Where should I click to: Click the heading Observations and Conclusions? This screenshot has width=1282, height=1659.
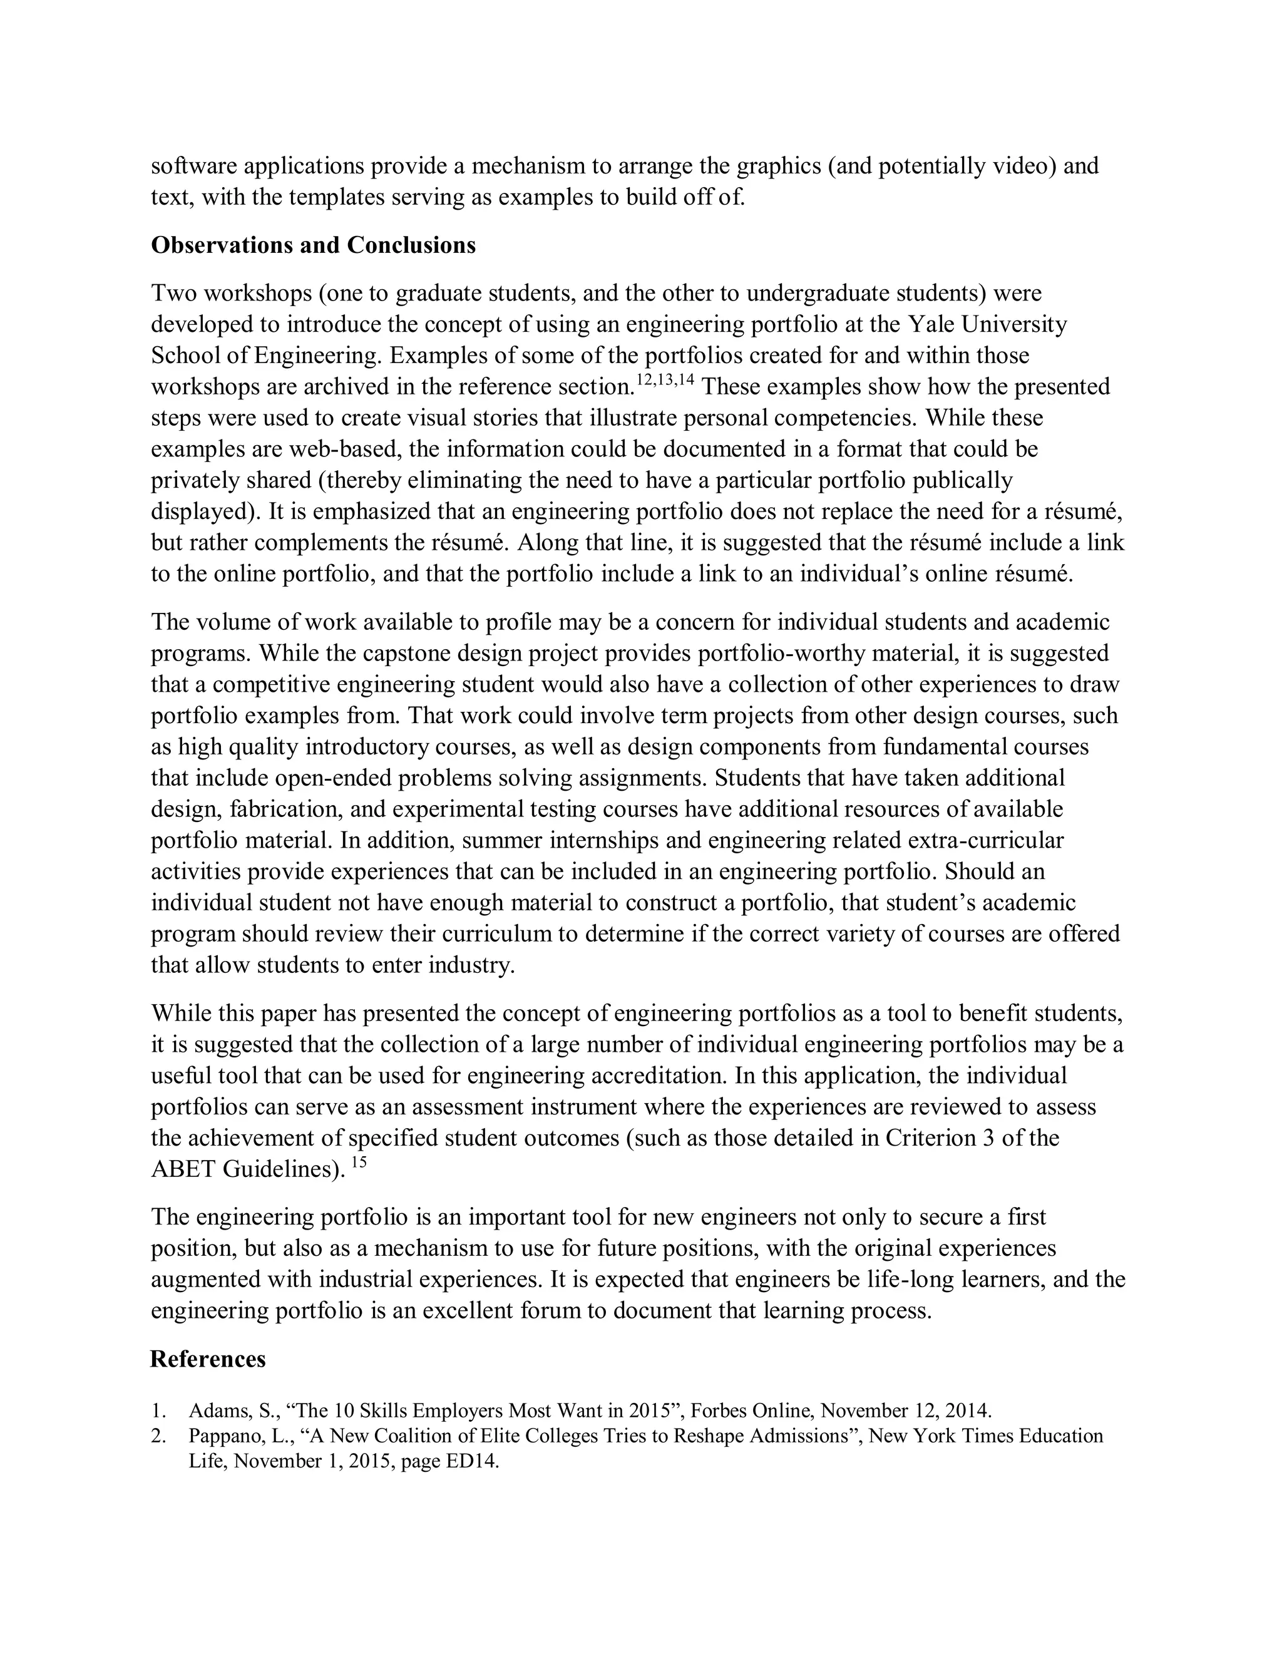(313, 245)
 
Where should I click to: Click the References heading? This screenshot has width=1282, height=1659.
(207, 1359)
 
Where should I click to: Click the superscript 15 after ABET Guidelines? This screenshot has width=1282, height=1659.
(359, 1162)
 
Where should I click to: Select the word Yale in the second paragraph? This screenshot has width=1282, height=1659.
(930, 324)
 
